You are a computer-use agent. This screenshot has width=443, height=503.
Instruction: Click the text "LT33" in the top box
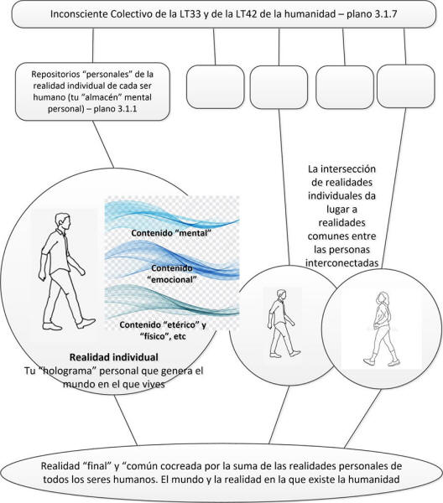tap(190, 14)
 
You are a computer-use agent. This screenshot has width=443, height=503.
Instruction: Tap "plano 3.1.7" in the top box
tap(372, 14)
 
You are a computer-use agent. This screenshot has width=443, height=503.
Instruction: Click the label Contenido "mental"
tap(171, 233)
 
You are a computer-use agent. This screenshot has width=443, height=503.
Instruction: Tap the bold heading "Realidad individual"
tap(114, 357)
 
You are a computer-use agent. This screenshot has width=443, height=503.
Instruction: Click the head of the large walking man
tap(62, 221)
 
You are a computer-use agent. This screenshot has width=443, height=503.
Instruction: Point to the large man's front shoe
tap(86, 323)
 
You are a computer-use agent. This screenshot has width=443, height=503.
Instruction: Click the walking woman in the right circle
tap(382, 329)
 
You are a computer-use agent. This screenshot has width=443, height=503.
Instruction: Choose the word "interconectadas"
tap(341, 263)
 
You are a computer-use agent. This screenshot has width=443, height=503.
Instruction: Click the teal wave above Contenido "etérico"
tap(172, 301)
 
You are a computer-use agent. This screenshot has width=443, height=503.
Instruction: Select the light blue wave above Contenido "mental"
tap(172, 214)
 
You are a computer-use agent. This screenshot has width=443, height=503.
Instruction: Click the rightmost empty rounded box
tap(406, 86)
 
